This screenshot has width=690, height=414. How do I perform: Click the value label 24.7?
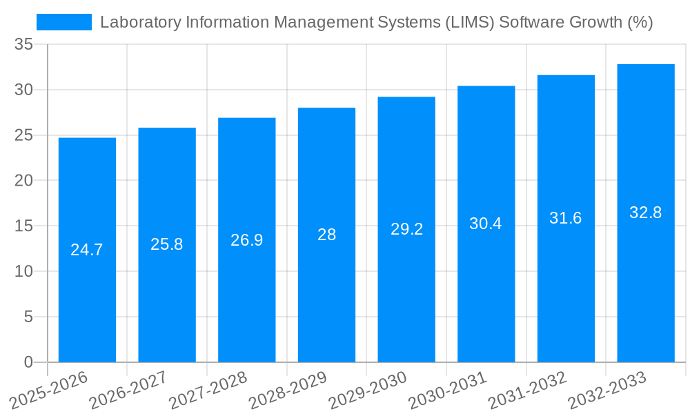coord(87,250)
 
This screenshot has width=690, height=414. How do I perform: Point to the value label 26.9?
coord(246,240)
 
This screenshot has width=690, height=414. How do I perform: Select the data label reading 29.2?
coord(406,229)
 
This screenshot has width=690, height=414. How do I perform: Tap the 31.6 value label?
coord(566,218)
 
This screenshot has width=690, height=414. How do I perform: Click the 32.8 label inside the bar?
coord(646,213)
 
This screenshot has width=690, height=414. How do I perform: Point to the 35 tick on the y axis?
coord(23,45)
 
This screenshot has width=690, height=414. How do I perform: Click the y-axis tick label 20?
coord(23,181)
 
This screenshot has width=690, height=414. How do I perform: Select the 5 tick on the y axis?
coord(28,317)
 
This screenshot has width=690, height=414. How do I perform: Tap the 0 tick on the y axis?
coord(28,362)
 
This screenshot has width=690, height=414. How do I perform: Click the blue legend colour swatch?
coord(63,22)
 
